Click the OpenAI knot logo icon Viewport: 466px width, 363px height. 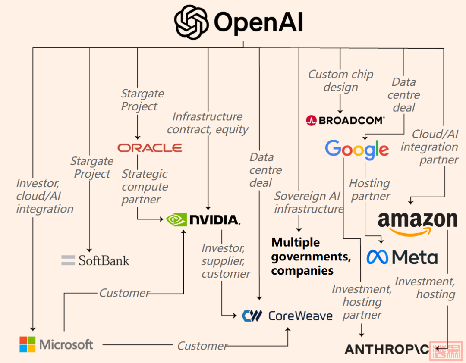tap(192, 22)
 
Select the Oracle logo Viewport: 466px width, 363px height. tap(150, 148)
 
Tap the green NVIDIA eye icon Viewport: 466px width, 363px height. tap(176, 219)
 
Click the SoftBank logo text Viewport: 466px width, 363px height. tap(104, 260)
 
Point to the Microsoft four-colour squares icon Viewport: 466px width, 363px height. tap(27, 344)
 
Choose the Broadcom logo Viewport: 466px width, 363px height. tap(345, 120)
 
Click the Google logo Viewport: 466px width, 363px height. tap(357, 150)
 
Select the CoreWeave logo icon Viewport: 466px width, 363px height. tap(252, 316)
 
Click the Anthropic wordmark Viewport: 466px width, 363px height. tap(387, 349)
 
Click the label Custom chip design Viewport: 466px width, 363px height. tap(340, 81)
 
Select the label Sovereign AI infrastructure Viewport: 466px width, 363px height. tap(309, 203)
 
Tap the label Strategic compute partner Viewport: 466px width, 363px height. tap(145, 187)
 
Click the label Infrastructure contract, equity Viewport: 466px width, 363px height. tap(208, 123)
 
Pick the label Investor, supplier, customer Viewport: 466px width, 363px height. tap(226, 261)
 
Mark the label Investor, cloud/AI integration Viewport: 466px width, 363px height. tap(44, 196)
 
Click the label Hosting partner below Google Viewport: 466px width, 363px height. tap(369, 190)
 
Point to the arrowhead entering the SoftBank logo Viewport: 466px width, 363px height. tap(89, 250)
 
